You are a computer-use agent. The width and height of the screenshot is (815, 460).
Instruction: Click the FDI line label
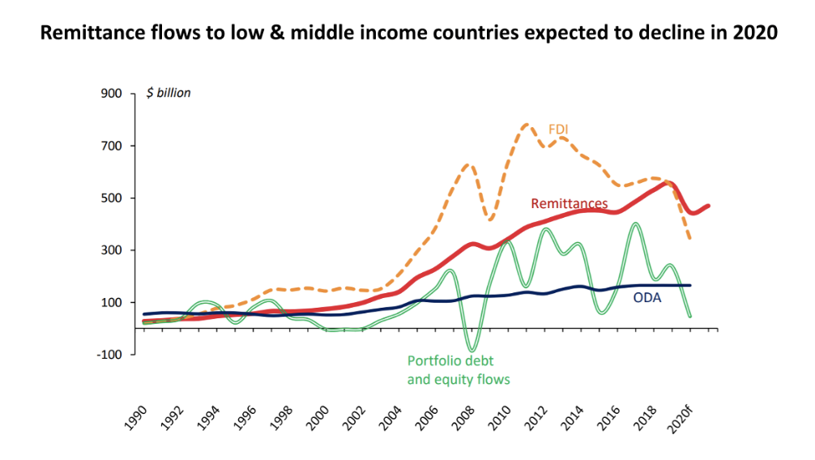(x=559, y=129)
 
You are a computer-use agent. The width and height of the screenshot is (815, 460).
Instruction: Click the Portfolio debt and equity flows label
(x=459, y=370)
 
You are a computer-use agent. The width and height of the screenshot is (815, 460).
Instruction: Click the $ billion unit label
(x=169, y=93)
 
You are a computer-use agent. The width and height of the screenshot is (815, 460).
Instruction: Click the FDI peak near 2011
(x=527, y=124)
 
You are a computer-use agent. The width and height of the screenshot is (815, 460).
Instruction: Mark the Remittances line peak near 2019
(x=669, y=183)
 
